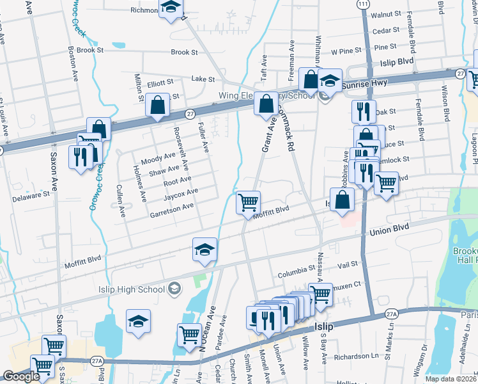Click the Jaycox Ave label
pyautogui.click(x=181, y=193)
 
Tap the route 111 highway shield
pyautogui.click(x=363, y=4)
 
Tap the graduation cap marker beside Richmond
pyautogui.click(x=171, y=8)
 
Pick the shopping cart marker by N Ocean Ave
pyautogui.click(x=189, y=335)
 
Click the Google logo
pyautogui.click(x=22, y=376)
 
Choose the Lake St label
pyautogui.click(x=203, y=79)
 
